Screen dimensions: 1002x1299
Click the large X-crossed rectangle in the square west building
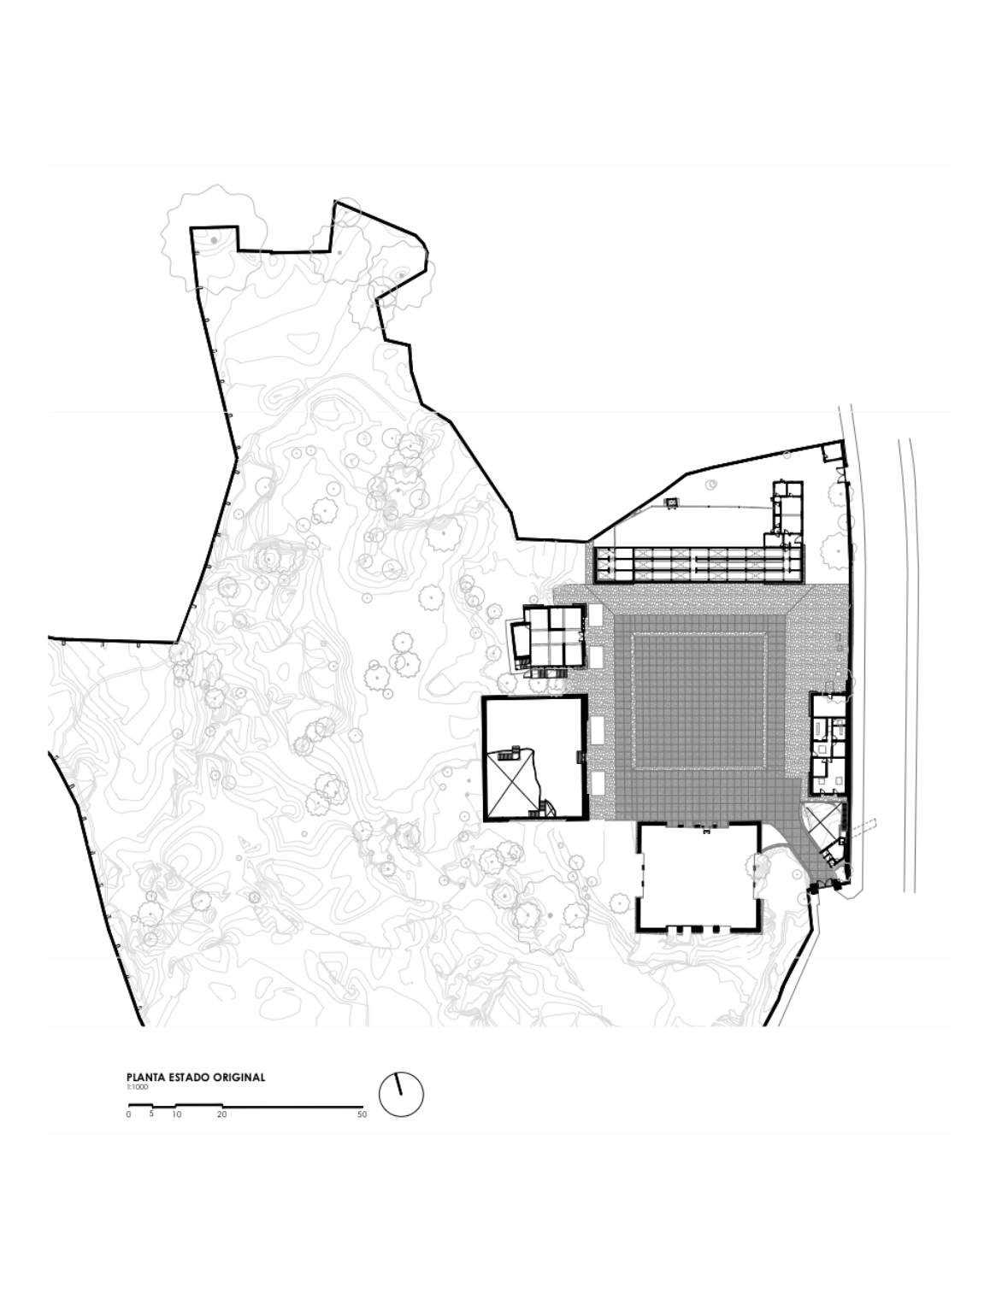point(509,785)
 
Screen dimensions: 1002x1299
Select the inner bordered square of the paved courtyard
point(698,702)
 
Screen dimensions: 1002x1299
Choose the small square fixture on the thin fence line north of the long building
point(673,503)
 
